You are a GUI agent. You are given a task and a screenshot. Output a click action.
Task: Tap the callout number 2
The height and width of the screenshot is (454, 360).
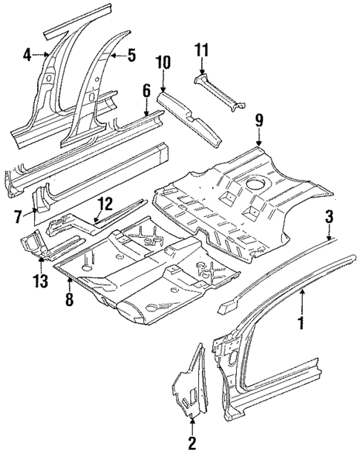[192, 444]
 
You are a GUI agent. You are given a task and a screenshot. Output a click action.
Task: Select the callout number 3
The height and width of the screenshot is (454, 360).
[327, 217]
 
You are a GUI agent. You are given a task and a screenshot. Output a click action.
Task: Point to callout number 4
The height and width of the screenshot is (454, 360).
[27, 53]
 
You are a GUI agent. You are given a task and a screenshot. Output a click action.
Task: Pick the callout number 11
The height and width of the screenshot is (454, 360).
[202, 51]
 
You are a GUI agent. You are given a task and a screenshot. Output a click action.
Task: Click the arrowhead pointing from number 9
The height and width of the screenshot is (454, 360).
[258, 143]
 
